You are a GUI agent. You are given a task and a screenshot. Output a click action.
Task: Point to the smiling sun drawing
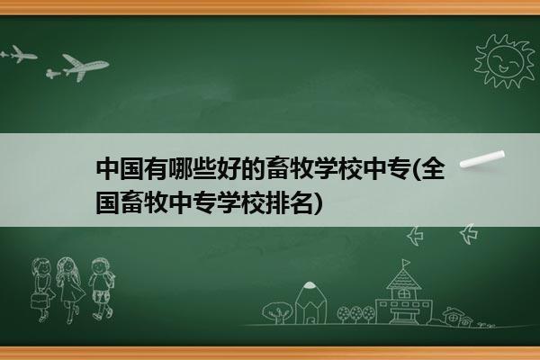504,61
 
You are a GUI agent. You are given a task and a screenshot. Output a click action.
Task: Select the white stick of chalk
482,159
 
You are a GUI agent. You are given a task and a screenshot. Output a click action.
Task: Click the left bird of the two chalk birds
415,236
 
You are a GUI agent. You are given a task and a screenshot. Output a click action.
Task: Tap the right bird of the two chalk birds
469,234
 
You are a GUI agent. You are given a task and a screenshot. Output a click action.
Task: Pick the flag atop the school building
407,263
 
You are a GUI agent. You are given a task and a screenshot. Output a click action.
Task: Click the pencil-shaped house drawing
311,303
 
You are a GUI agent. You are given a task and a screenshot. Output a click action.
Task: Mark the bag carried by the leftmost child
39,301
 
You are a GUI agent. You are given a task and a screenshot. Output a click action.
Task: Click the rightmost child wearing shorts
102,289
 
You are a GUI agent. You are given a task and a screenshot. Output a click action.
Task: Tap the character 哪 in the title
181,169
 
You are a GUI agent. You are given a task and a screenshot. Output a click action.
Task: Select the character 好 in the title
229,169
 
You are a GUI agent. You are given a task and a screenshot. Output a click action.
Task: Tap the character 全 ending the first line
433,169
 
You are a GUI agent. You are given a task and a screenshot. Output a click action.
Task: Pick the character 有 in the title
157,169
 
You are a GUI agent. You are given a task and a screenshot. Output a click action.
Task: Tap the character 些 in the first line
204,169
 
